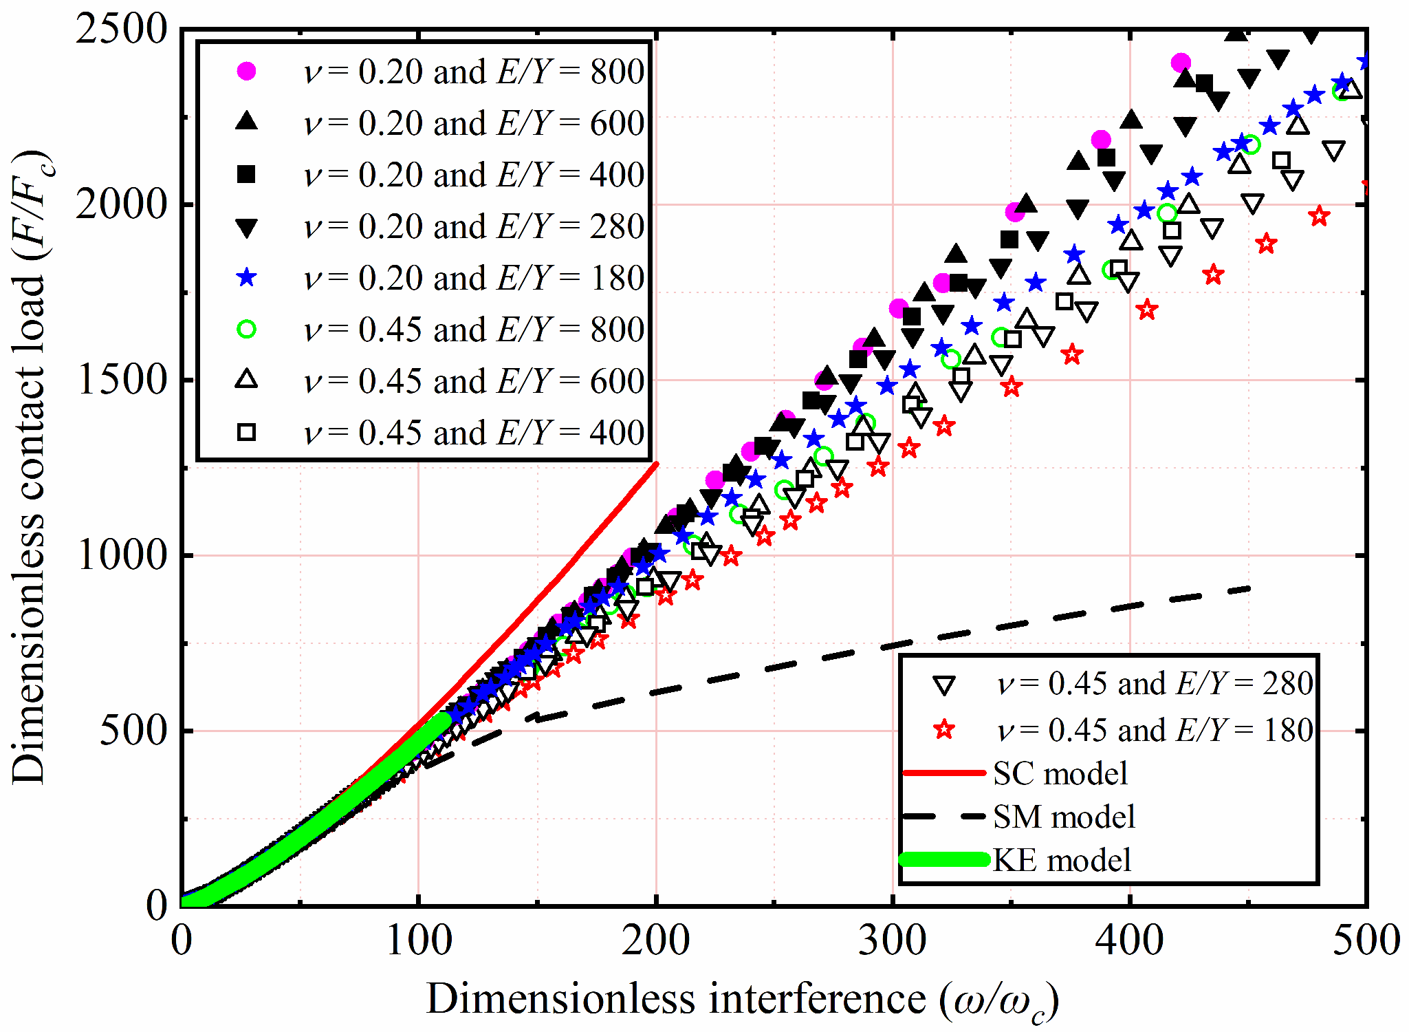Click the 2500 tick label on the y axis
(x=121, y=30)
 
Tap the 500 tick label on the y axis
(x=133, y=731)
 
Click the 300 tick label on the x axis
(x=893, y=940)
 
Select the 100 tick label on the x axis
(x=419, y=940)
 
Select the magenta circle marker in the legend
(x=246, y=71)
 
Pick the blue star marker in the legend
(x=246, y=278)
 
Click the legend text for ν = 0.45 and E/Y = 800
(x=473, y=330)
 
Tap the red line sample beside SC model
(x=943, y=773)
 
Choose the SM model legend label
(x=1063, y=817)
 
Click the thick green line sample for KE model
(x=943, y=859)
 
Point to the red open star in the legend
(x=945, y=729)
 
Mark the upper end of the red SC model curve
(x=657, y=464)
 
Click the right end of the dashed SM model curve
(x=1249, y=589)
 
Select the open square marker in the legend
(x=246, y=433)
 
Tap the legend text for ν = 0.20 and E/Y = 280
(x=473, y=227)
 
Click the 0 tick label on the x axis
(x=182, y=940)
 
